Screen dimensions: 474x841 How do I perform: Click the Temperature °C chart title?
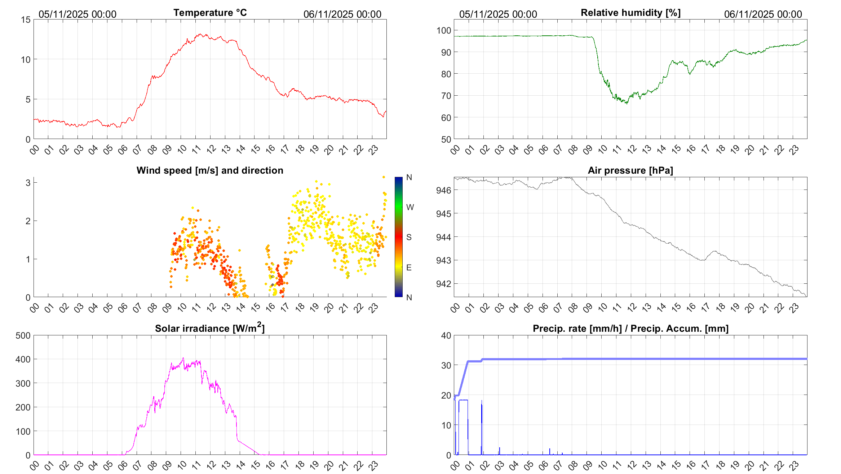coord(210,13)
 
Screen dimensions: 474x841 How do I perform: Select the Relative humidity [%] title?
coord(630,13)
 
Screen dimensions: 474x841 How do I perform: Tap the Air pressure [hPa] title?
coord(630,170)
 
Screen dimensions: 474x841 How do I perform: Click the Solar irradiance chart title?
coord(210,328)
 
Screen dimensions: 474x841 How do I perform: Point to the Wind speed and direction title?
coord(210,170)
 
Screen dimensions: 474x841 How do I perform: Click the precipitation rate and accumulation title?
coord(630,329)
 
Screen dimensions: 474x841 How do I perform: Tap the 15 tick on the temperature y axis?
coord(26,20)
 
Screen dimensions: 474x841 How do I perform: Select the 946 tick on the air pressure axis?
coord(443,190)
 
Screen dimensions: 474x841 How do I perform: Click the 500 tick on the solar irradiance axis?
coord(23,336)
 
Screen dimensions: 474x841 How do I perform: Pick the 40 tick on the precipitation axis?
coord(446,336)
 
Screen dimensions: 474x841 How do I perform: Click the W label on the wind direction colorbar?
coord(410,207)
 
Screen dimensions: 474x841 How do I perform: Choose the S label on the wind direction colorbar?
coord(409,237)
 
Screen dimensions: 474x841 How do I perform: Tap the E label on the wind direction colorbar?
coord(409,268)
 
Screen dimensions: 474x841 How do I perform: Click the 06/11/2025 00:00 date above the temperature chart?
coord(342,14)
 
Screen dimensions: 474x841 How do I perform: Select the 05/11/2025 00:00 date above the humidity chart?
coord(498,14)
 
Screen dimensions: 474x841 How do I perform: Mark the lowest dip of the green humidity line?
coord(627,104)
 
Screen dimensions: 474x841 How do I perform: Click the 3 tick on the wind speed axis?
coord(28,183)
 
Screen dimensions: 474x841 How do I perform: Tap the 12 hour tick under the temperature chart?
coord(211,149)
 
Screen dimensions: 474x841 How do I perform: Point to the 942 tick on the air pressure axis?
coord(443,284)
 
